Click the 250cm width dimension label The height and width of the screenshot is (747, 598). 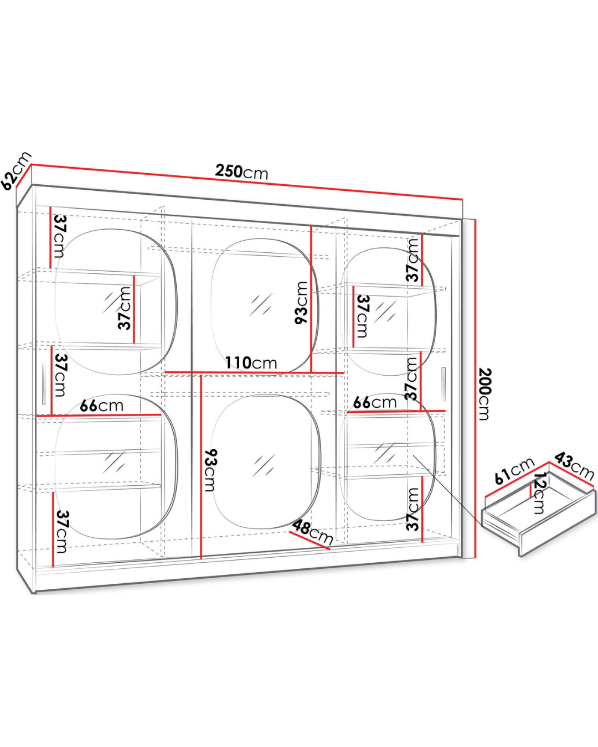coord(241,172)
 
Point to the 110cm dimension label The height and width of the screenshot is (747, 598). coord(251,363)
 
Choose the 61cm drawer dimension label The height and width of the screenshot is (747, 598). coord(514,471)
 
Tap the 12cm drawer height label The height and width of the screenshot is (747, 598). coord(539,493)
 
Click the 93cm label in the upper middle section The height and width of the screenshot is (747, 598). coord(301,303)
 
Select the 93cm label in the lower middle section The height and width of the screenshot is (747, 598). coord(210,471)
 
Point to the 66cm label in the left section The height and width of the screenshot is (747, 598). coord(101,406)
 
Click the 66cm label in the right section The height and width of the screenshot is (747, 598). coord(374,402)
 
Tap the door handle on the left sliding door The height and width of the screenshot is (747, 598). coord(43,384)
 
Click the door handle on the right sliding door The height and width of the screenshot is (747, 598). coord(444,384)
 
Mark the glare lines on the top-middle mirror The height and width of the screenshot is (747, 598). coord(261,304)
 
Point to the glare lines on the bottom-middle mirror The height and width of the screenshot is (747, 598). coord(264,465)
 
